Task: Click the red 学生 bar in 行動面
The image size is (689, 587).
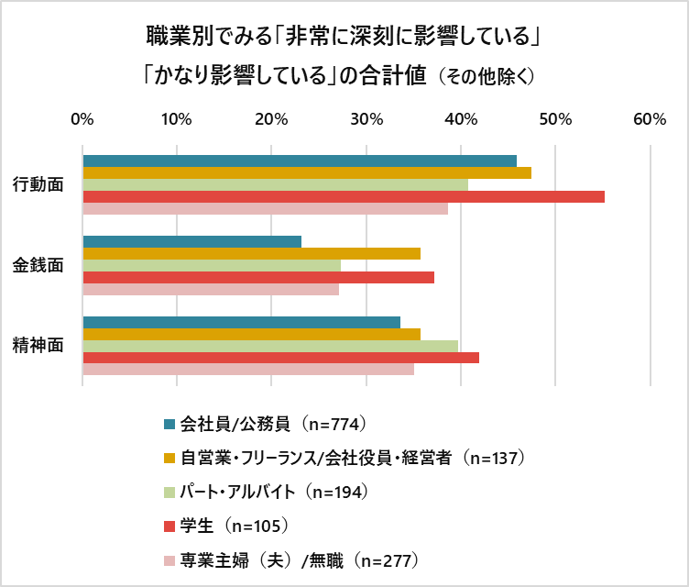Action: (x=344, y=196)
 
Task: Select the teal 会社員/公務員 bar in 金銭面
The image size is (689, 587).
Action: (x=192, y=241)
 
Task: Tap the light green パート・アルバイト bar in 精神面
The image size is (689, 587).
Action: (x=270, y=346)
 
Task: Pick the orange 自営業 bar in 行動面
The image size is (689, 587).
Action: (x=307, y=172)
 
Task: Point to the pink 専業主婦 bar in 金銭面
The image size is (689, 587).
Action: (x=211, y=290)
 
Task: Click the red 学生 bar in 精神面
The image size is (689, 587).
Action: (x=281, y=358)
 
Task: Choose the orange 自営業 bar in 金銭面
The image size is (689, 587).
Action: (x=252, y=253)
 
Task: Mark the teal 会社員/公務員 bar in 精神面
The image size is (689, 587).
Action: (x=242, y=322)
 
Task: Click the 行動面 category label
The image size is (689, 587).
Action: (x=38, y=184)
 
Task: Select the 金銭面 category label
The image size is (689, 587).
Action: (x=38, y=265)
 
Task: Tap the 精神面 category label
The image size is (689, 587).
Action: (x=38, y=346)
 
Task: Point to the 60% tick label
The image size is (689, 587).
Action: (x=650, y=119)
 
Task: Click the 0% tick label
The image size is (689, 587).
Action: (x=82, y=119)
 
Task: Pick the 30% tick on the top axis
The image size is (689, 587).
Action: (x=366, y=119)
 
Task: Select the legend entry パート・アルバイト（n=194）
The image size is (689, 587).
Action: (x=274, y=492)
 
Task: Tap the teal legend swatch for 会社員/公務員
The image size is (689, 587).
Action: (x=169, y=424)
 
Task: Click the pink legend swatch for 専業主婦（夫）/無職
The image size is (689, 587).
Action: (x=169, y=559)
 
